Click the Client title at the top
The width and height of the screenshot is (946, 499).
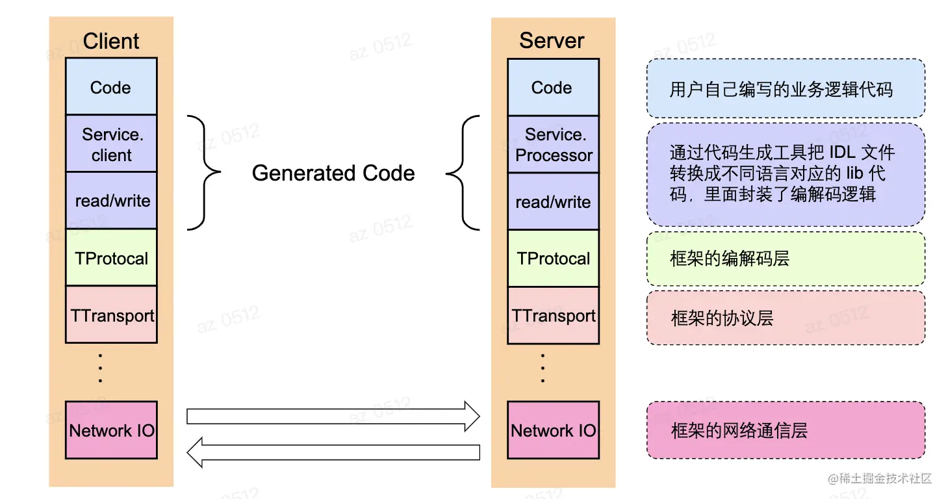pos(111,41)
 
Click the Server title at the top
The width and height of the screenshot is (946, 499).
pos(552,40)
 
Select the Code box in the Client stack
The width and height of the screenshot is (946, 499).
pos(111,87)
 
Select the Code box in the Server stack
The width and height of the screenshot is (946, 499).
pos(552,88)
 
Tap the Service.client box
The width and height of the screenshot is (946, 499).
pos(111,144)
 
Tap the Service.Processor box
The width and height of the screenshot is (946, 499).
pos(553,145)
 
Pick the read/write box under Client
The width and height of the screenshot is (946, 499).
pos(111,201)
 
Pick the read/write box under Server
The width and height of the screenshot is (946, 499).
pos(553,201)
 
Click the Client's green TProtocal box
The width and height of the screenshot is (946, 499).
pos(111,258)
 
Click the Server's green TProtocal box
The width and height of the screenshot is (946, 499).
pos(553,259)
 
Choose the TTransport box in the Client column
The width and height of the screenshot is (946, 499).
pos(111,315)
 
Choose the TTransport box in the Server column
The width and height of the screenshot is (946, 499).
pos(553,316)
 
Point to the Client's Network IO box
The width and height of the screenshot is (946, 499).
pos(111,430)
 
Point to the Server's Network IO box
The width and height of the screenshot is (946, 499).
pos(553,430)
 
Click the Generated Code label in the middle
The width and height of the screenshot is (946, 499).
pos(333,173)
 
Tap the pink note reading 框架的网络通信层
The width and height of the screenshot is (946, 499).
pos(786,430)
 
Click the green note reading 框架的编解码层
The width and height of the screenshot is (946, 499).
pos(786,259)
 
